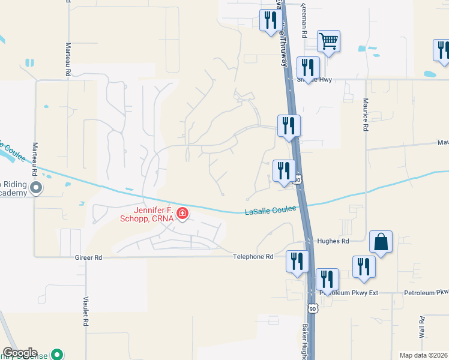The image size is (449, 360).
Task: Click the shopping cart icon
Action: coord(328,41)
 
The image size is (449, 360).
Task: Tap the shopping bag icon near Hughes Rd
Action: coord(381,242)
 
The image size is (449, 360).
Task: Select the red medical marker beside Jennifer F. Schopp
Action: coord(181,214)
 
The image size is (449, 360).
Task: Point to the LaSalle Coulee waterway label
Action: coord(271,211)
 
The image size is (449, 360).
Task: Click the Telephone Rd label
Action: coord(253,256)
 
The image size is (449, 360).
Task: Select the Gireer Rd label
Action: coord(88,257)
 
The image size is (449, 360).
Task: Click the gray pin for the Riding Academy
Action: coord(36,188)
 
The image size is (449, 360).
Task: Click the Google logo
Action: coord(20,353)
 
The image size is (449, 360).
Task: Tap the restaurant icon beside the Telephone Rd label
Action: coord(297,262)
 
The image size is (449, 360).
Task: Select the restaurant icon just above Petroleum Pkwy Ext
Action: coord(327,280)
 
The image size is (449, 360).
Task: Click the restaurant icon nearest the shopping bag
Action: coord(364,267)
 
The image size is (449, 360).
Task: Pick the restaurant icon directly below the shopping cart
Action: coord(308,68)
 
